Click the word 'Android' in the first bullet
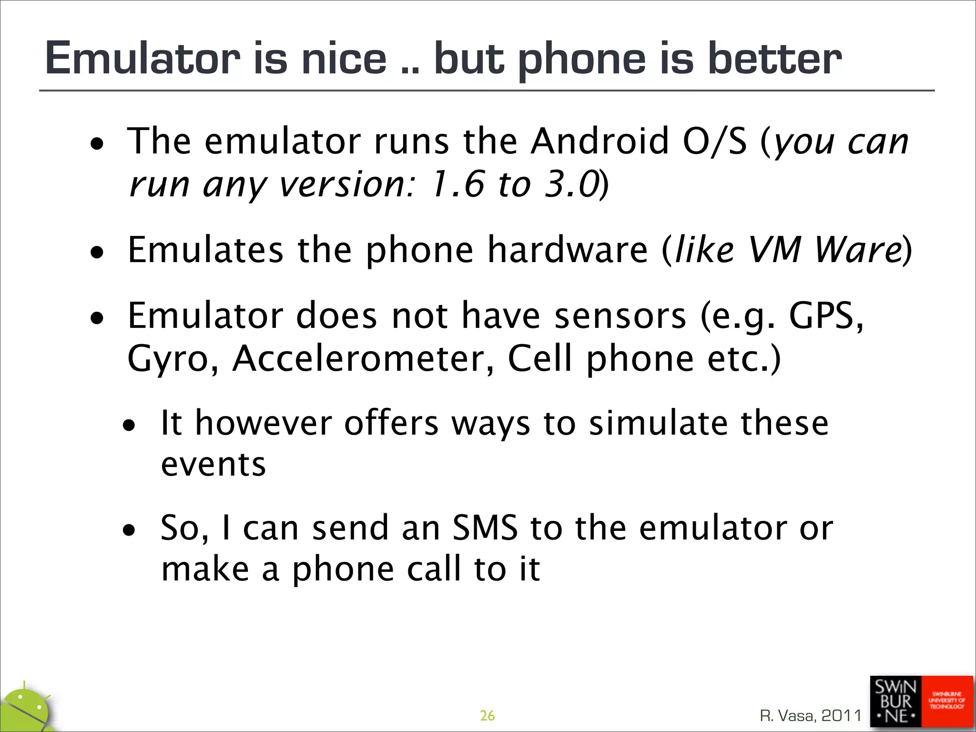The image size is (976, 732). click(600, 142)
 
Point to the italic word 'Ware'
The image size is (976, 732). click(858, 250)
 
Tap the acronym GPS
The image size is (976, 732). click(825, 316)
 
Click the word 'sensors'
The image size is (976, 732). click(620, 316)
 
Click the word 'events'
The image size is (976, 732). click(213, 465)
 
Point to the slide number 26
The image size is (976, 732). click(487, 715)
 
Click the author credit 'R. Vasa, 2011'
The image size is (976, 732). click(811, 715)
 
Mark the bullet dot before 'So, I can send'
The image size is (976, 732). click(129, 529)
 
